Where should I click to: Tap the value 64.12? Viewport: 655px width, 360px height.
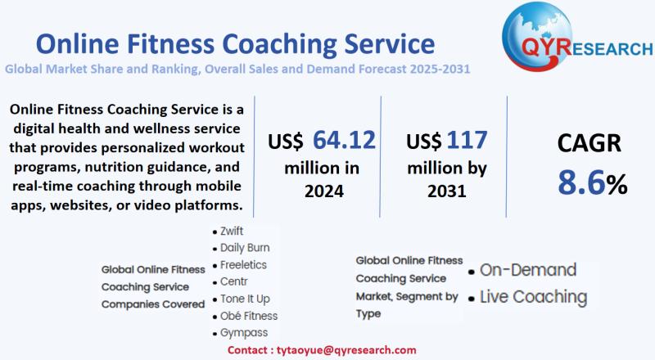(x=344, y=141)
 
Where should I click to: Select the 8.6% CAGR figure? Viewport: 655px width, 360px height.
(x=592, y=182)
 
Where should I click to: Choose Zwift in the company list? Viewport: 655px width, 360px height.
(x=232, y=232)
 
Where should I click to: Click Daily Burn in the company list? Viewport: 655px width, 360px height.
(x=245, y=248)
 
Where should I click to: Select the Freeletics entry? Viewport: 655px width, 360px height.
(x=243, y=265)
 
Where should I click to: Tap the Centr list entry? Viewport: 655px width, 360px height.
(x=234, y=281)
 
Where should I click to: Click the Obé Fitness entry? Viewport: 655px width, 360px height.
(x=249, y=316)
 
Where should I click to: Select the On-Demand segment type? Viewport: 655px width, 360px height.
(x=527, y=270)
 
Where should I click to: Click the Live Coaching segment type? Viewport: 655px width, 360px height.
(x=533, y=296)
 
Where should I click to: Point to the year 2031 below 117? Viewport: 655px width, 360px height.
(x=446, y=191)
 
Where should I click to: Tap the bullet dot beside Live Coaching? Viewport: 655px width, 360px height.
(x=472, y=299)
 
